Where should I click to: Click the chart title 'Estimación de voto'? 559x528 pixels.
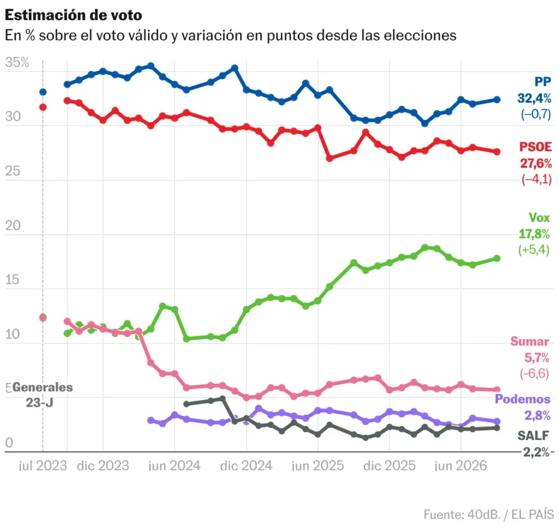pyautogui.click(x=74, y=15)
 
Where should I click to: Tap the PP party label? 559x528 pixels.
pyautogui.click(x=543, y=82)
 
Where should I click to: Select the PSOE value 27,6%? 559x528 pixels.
pyautogui.click(x=536, y=163)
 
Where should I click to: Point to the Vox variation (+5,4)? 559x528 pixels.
pyautogui.click(x=534, y=250)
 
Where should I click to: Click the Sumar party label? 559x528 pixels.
pyautogui.click(x=530, y=341)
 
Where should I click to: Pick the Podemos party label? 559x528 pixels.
pyautogui.click(x=522, y=399)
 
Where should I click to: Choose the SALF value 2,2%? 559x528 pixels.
pyautogui.click(x=536, y=452)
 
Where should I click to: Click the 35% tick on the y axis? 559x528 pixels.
pyautogui.click(x=17, y=62)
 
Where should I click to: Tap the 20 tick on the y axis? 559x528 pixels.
pyautogui.click(x=13, y=226)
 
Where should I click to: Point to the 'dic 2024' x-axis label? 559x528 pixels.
pyautogui.click(x=246, y=466)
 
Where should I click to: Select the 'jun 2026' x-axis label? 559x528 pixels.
pyautogui.click(x=461, y=466)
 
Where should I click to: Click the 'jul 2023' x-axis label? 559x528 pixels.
pyautogui.click(x=43, y=466)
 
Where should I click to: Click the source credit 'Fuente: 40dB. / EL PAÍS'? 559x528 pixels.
pyautogui.click(x=489, y=514)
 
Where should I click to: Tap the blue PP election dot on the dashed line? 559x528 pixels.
pyautogui.click(x=43, y=92)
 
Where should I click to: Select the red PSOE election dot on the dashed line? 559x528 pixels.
pyautogui.click(x=43, y=107)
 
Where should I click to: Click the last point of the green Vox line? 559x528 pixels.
pyautogui.click(x=497, y=258)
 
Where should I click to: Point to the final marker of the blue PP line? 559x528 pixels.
pyautogui.click(x=497, y=100)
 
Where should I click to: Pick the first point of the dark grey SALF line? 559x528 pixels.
pyautogui.click(x=187, y=404)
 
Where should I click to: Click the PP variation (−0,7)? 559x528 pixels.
pyautogui.click(x=536, y=114)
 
